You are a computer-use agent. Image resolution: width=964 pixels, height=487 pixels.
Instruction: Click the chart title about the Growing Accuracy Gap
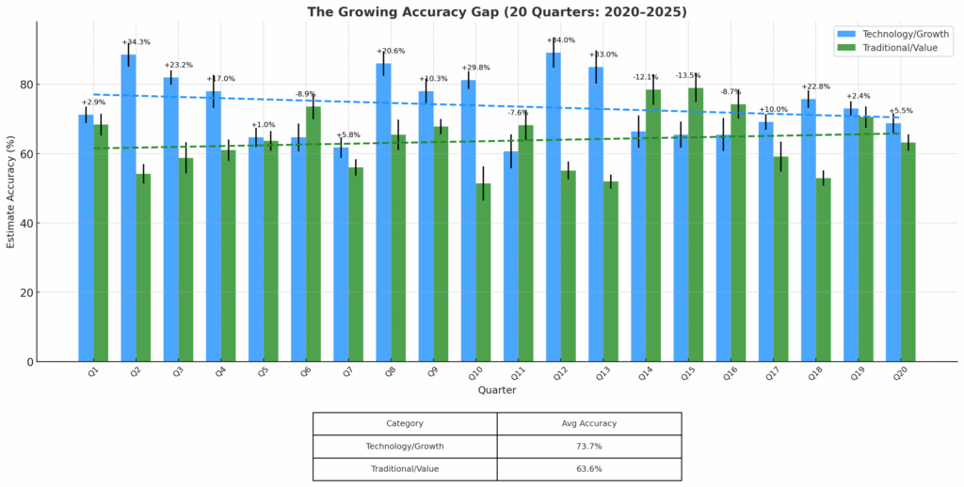click(x=497, y=12)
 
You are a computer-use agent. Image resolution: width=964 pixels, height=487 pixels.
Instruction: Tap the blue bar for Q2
click(x=128, y=207)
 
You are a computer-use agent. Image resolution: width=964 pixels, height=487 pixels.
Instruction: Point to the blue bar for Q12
click(x=554, y=207)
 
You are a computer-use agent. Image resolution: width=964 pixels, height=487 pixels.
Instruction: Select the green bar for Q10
click(x=483, y=273)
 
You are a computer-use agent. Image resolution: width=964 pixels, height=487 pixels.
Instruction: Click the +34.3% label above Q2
click(x=136, y=42)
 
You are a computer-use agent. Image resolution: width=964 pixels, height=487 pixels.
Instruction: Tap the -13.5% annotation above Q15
click(x=688, y=75)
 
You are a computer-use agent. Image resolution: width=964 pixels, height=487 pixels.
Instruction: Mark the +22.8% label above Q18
click(x=815, y=86)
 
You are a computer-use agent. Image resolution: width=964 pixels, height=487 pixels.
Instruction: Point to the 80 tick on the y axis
click(x=27, y=85)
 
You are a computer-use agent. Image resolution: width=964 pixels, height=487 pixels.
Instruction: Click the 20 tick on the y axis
click(x=27, y=292)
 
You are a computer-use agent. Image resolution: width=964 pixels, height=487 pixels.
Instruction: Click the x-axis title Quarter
click(x=497, y=390)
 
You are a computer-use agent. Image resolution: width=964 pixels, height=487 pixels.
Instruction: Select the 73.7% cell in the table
click(x=588, y=446)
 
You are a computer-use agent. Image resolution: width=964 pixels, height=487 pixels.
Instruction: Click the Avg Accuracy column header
click(x=588, y=423)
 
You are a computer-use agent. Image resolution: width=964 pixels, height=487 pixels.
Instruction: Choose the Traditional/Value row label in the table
click(x=405, y=468)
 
